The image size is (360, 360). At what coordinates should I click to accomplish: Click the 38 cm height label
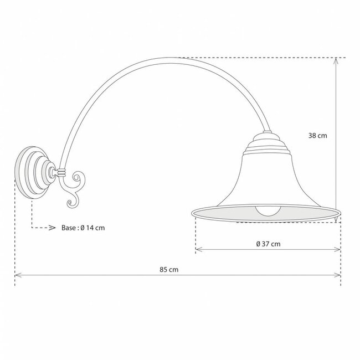pyautogui.click(x=318, y=135)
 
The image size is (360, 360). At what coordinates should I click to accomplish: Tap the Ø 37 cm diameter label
pyautogui.click(x=268, y=244)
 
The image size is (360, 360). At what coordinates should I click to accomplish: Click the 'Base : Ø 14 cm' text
pyautogui.click(x=83, y=228)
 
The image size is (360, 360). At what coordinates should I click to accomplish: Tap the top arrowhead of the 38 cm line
pyautogui.click(x=336, y=61)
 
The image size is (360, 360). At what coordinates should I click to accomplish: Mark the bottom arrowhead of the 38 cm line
pyautogui.click(x=336, y=220)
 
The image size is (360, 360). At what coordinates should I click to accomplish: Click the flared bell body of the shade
pyautogui.click(x=266, y=177)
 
